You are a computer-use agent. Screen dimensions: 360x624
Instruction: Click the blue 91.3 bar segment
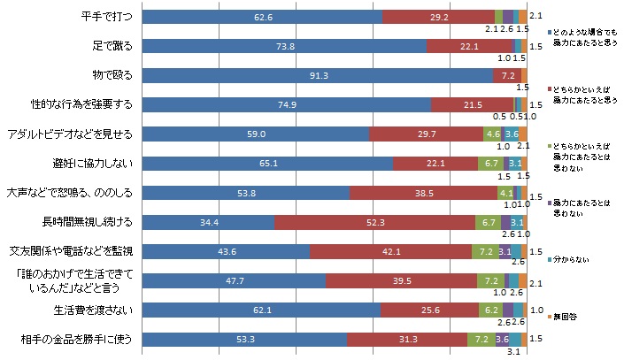[x=317, y=75]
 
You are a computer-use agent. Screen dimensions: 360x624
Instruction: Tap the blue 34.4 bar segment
[x=208, y=221]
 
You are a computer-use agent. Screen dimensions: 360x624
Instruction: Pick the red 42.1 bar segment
[x=390, y=251]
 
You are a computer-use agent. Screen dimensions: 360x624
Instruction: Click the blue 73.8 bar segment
[x=284, y=46]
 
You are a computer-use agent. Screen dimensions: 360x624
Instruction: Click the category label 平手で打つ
[x=105, y=17]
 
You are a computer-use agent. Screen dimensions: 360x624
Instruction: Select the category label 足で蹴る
[x=111, y=46]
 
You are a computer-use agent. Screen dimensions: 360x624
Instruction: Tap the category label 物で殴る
[x=111, y=75]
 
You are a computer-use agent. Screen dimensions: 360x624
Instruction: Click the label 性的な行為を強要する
[x=81, y=104]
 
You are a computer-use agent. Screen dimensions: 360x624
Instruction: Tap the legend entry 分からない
[x=574, y=261]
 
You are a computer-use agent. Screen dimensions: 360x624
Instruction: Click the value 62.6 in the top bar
[x=262, y=17]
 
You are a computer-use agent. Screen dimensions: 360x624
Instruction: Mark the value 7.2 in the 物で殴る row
[x=508, y=75]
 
